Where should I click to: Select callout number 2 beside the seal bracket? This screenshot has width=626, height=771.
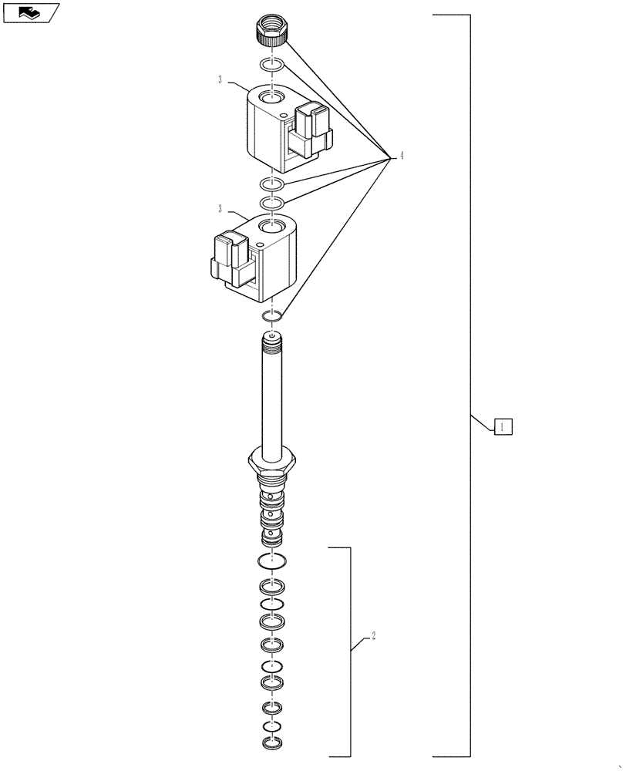(373, 637)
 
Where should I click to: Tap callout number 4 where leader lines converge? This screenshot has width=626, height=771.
(401, 157)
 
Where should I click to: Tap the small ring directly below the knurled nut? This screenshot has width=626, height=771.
(272, 64)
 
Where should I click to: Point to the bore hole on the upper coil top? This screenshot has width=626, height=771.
(271, 98)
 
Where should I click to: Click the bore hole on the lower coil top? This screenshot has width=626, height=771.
(271, 227)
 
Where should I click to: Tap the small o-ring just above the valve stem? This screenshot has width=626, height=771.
(271, 315)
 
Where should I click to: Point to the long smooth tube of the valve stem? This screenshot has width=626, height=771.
(271, 401)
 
